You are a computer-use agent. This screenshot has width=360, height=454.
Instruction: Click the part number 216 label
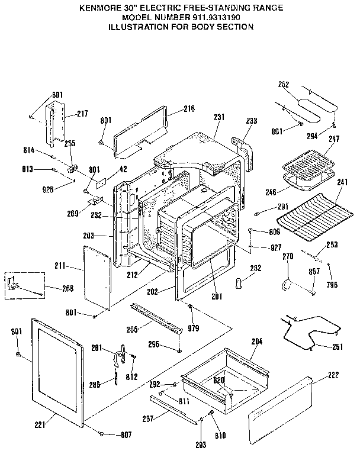pyautogui.click(x=189, y=109)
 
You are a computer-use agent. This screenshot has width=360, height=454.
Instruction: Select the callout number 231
pyautogui.click(x=218, y=117)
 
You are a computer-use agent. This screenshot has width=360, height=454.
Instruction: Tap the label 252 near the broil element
pyautogui.click(x=284, y=85)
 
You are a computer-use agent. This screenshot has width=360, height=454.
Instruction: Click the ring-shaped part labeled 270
pyautogui.click(x=288, y=285)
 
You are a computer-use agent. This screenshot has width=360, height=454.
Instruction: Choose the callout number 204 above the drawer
pyautogui.click(x=257, y=342)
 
